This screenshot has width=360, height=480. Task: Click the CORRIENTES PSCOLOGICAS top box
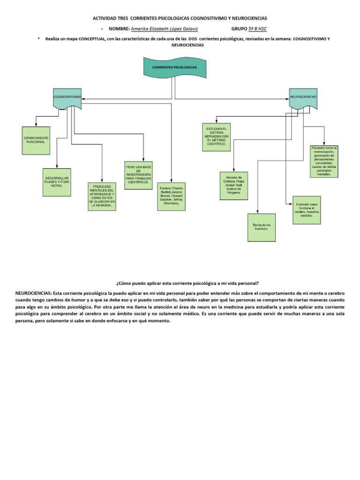(x=175, y=67)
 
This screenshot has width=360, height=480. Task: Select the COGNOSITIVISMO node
(x=67, y=97)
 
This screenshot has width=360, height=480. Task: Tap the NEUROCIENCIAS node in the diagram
(x=303, y=97)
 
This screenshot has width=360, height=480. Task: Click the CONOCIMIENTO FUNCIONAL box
(x=36, y=140)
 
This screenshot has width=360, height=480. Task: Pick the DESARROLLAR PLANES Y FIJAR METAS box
(x=57, y=182)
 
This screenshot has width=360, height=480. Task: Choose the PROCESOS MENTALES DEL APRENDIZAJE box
(x=102, y=196)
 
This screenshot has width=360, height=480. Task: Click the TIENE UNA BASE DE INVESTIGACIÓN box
(x=138, y=175)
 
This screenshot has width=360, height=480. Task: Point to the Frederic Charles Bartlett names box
(x=171, y=196)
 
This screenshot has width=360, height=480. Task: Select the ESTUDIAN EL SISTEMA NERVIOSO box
(x=216, y=137)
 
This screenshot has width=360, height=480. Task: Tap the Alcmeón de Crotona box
(x=233, y=186)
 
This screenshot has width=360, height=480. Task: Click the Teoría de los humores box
(x=262, y=227)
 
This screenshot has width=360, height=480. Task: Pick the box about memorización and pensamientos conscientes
(x=324, y=162)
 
